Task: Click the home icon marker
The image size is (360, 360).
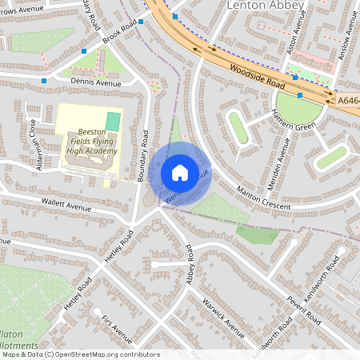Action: [180, 173]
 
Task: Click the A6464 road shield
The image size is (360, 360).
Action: [347, 101]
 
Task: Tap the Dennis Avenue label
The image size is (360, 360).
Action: [96, 83]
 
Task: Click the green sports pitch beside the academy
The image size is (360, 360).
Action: [114, 122]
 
